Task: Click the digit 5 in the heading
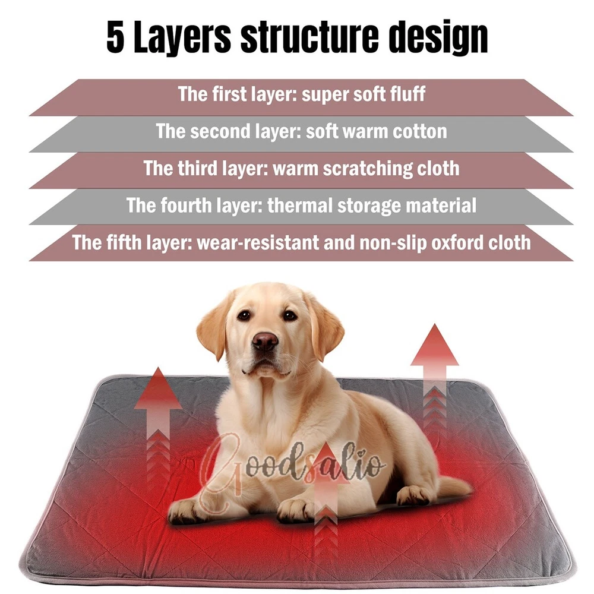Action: (x=115, y=37)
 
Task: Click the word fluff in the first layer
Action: (x=408, y=94)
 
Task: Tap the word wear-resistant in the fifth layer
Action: (x=258, y=243)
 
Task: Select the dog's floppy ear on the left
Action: (x=215, y=327)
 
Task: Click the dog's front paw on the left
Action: (x=185, y=511)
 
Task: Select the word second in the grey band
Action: (x=220, y=131)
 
